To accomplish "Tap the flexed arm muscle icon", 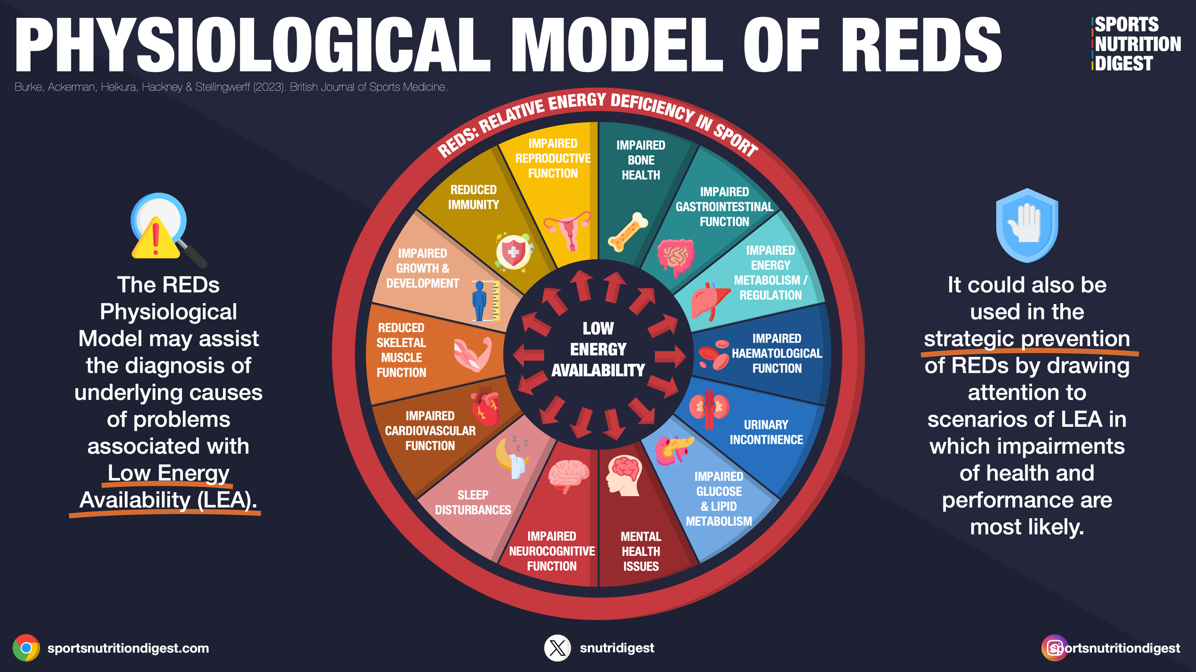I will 473,355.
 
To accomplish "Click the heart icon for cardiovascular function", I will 485,406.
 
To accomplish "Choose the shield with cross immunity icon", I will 513,252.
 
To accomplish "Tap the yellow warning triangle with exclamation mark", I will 155,238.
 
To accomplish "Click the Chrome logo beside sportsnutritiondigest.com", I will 26,648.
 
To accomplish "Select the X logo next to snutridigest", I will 557,648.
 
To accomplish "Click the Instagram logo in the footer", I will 1054,648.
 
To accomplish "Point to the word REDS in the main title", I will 921,45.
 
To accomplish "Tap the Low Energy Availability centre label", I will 598,349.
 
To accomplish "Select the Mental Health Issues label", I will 641,552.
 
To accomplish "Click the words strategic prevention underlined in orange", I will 1027,339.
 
